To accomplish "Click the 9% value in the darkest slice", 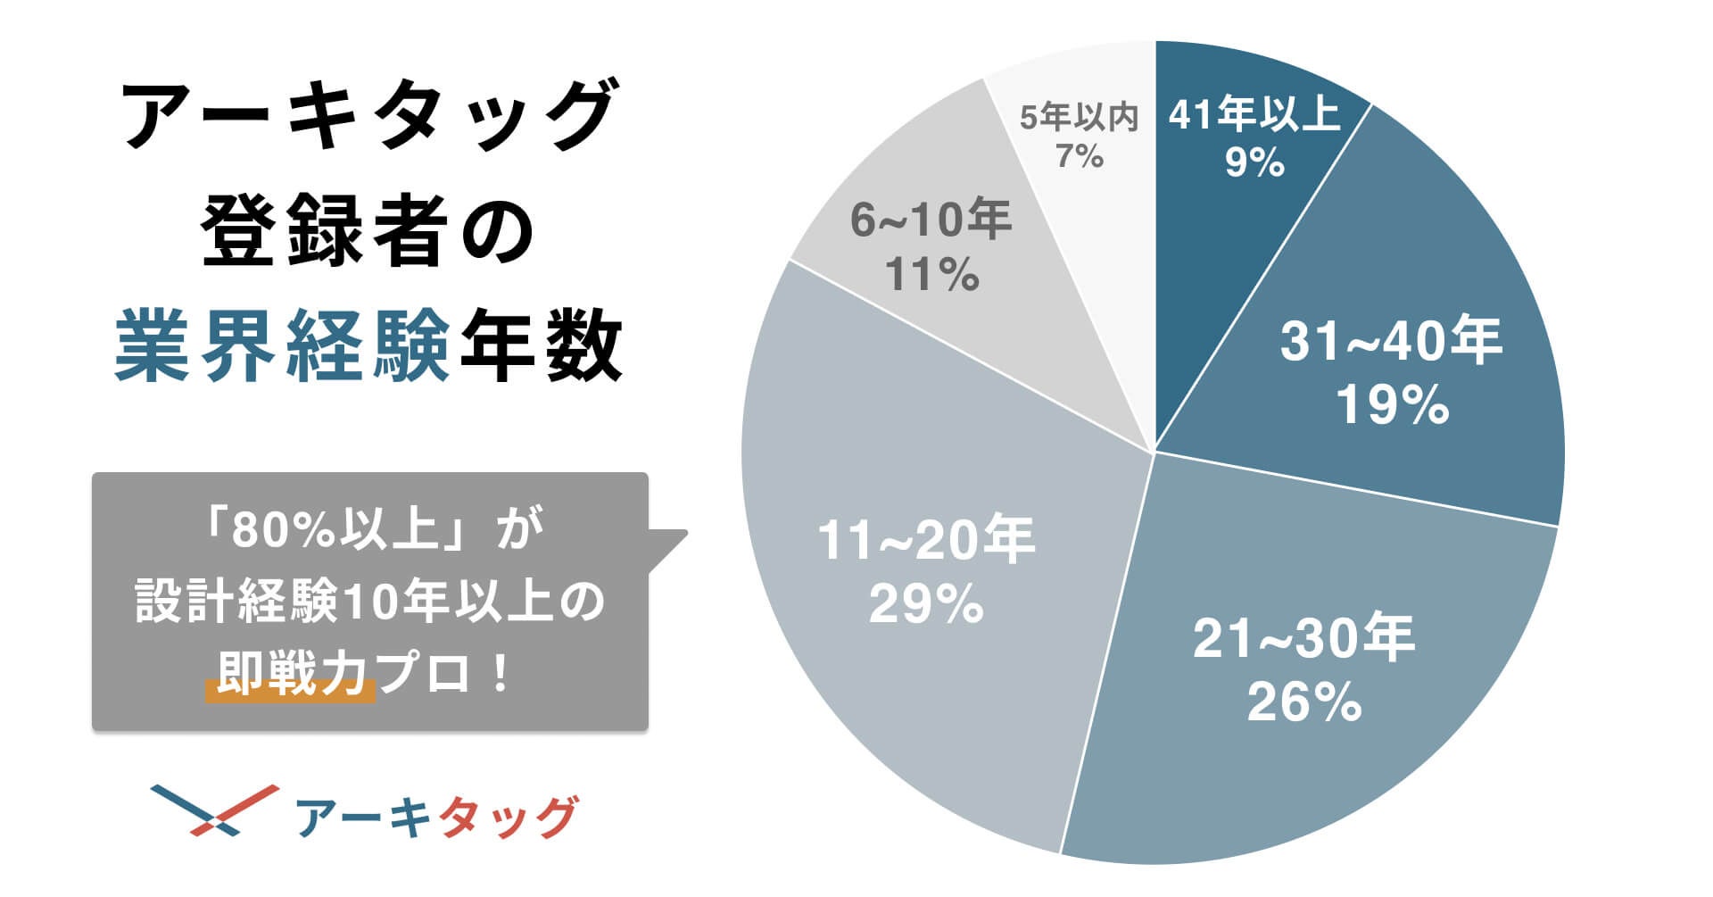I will pyautogui.click(x=1254, y=162).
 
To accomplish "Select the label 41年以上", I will pyautogui.click(x=1254, y=114).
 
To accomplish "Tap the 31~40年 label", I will pyautogui.click(x=1391, y=341).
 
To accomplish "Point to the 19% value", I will pyautogui.click(x=1391, y=404).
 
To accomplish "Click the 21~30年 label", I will pyautogui.click(x=1303, y=638).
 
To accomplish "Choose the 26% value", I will pyautogui.click(x=1303, y=702).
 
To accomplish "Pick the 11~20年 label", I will pyautogui.click(x=926, y=540).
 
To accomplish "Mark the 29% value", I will pyautogui.click(x=926, y=604).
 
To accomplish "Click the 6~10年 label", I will pyautogui.click(x=931, y=220).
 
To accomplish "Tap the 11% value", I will pyautogui.click(x=931, y=274).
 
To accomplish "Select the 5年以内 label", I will pyautogui.click(x=1079, y=117).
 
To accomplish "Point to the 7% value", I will pyautogui.click(x=1079, y=156).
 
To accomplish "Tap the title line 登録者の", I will pyautogui.click(x=368, y=231).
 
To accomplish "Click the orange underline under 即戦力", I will pyautogui.click(x=290, y=693).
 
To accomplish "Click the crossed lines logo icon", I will pyautogui.click(x=214, y=810).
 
